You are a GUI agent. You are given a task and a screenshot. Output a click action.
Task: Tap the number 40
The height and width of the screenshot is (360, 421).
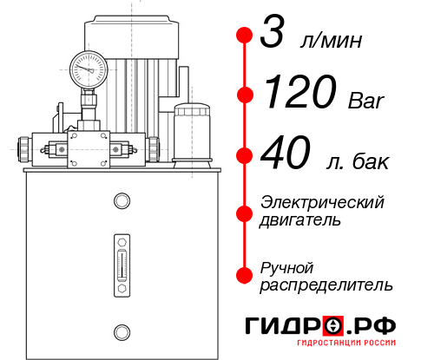click(x=286, y=155)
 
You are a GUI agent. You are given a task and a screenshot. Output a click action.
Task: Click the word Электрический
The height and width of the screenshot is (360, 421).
click(x=322, y=202)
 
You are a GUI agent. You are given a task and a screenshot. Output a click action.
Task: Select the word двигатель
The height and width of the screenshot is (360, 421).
click(x=300, y=220)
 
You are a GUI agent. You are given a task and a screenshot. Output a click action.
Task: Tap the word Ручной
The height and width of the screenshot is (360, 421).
click(x=286, y=266)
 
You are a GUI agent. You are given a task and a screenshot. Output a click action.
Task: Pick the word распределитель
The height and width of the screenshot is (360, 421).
click(x=326, y=285)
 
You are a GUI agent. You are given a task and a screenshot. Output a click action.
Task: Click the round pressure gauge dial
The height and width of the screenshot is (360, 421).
click(x=89, y=66)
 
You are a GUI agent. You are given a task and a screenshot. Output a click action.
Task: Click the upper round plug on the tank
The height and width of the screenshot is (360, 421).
click(x=121, y=201)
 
